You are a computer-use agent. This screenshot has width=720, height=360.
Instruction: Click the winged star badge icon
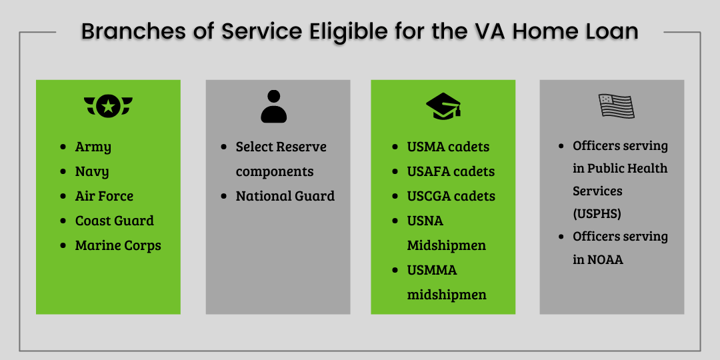click(109, 106)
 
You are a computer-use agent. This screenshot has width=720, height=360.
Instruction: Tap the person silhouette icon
click(274, 107)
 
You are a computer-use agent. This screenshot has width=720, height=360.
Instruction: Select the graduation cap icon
click(443, 106)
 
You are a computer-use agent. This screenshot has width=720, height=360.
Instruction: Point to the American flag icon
click(616, 106)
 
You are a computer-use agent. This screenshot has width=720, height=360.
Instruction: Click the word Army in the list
click(93, 147)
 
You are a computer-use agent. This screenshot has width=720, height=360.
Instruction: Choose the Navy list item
click(92, 172)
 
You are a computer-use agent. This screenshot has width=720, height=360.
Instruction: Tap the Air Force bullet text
click(104, 196)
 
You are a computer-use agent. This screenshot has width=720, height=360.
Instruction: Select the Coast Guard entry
click(115, 221)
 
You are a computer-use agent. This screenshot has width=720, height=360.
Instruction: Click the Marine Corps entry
click(118, 245)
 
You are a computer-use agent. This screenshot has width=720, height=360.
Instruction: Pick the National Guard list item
click(285, 196)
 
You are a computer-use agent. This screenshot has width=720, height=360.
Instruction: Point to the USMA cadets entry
click(448, 147)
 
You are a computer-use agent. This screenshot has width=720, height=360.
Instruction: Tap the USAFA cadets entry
click(451, 172)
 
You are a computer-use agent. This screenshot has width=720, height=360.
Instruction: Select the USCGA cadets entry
click(451, 196)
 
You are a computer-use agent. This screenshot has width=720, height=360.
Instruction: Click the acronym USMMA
click(432, 270)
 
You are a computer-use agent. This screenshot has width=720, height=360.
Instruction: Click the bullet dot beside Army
click(63, 147)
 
